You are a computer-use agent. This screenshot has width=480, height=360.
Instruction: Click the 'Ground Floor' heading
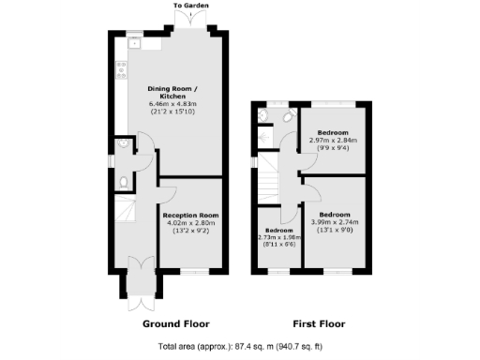(175, 323)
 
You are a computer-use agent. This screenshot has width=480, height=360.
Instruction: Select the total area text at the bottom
(240, 347)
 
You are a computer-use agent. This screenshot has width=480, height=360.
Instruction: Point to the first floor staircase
(269, 173)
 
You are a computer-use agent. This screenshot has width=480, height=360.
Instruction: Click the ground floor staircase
(125, 212)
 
